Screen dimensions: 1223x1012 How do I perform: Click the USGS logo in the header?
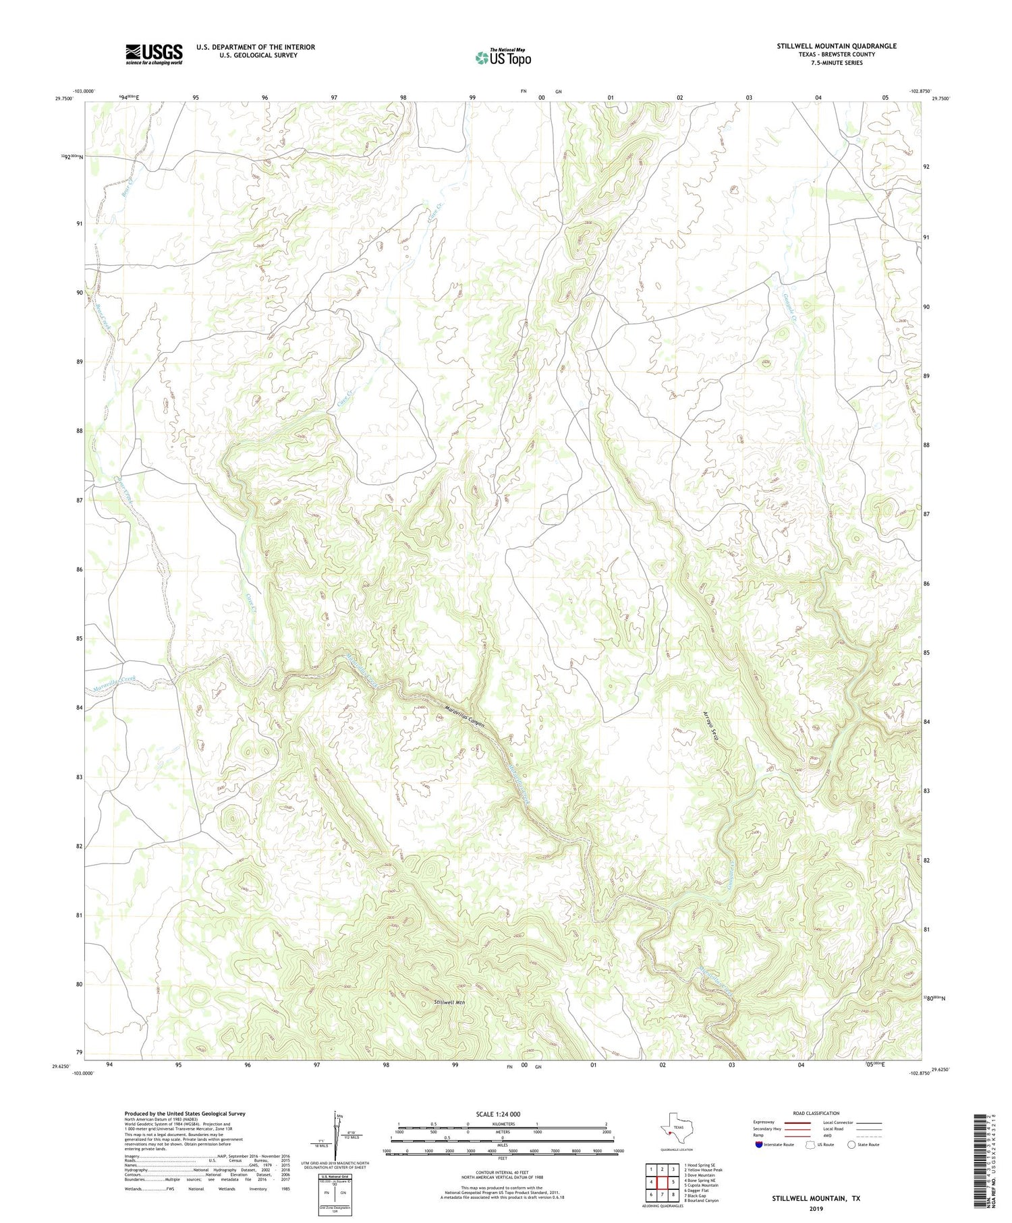pyautogui.click(x=154, y=54)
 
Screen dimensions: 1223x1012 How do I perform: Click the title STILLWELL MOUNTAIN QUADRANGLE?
pyautogui.click(x=836, y=46)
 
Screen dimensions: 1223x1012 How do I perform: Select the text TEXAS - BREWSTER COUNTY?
pyautogui.click(x=836, y=54)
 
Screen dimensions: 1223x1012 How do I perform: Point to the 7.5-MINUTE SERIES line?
pyautogui.click(x=836, y=62)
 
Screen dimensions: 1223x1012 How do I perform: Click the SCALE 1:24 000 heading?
pyautogui.click(x=498, y=1114)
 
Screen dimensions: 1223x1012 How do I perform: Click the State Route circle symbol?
pyautogui.click(x=851, y=1144)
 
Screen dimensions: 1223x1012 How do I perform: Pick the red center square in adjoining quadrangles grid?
pyautogui.click(x=662, y=1182)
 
